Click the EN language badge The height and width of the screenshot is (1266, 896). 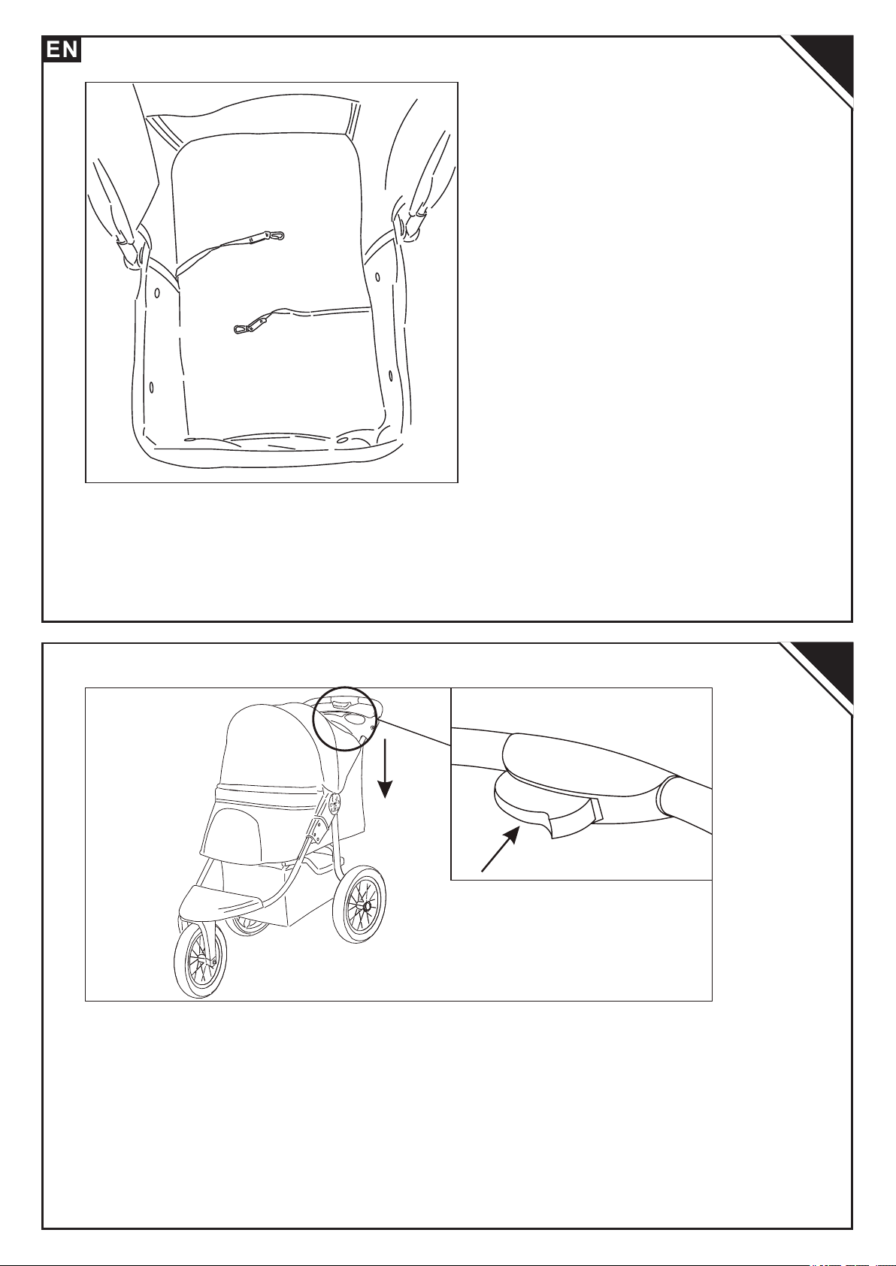[62, 49]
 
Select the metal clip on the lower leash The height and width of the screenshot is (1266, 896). [250, 325]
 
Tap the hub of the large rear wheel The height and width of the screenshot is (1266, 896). [367, 906]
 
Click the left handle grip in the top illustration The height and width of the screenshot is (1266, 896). [122, 226]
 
